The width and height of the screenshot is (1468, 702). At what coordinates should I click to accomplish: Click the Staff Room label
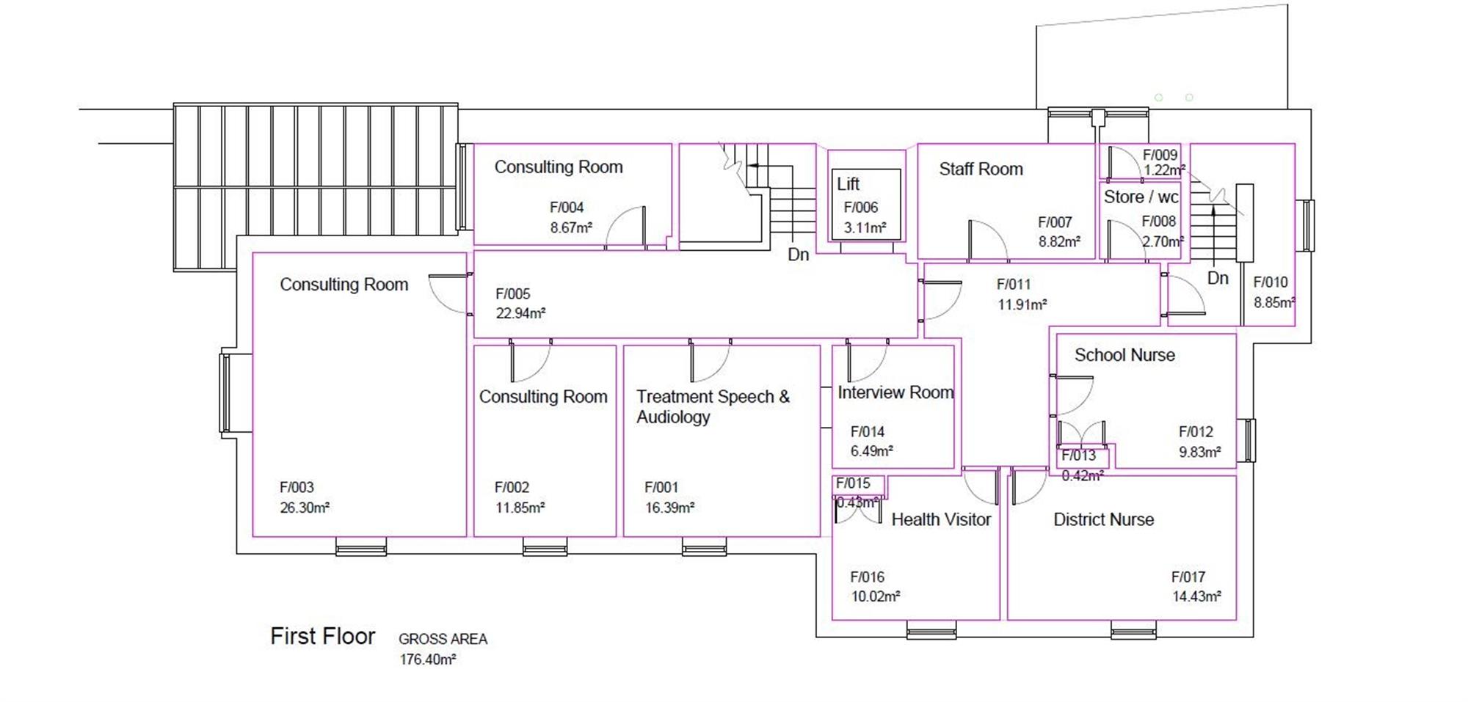click(981, 169)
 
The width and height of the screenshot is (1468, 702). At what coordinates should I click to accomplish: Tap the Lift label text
click(848, 184)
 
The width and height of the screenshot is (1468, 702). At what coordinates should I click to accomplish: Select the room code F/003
click(297, 488)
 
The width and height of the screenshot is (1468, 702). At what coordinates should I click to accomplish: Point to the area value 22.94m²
click(520, 314)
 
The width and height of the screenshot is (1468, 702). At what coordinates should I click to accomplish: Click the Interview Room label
click(895, 392)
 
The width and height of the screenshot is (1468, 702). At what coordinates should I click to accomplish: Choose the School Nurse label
click(1124, 356)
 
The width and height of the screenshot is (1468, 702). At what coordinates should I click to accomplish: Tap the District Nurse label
click(1103, 520)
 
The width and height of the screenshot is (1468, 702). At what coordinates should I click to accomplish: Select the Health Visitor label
click(941, 520)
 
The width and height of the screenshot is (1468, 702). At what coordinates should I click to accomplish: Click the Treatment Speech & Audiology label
click(712, 407)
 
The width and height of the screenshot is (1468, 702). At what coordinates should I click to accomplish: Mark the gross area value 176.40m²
click(428, 659)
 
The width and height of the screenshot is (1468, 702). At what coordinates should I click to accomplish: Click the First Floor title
click(323, 636)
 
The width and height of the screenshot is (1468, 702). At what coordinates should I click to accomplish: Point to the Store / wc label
click(1141, 197)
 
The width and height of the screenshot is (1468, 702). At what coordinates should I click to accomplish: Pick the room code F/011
click(1014, 285)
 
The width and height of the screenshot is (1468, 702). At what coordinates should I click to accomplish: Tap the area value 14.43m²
click(1196, 597)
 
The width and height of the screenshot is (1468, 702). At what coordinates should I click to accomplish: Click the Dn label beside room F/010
click(1218, 279)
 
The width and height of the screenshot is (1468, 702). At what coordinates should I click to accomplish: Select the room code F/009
click(1160, 155)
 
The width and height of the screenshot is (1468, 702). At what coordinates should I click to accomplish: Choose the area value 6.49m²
click(871, 452)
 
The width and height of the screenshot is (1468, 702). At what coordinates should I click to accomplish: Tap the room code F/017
click(1188, 577)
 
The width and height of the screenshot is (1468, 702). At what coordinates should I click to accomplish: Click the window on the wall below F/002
click(545, 546)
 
